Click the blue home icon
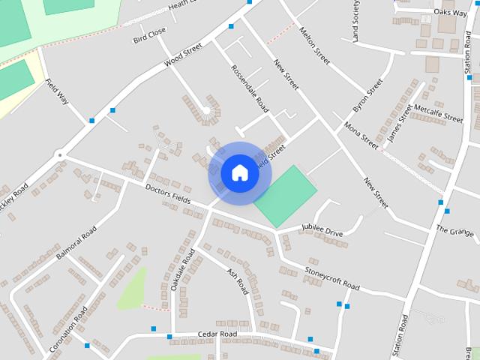pos(239,173)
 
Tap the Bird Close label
pos(149,34)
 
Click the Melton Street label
pos(314,46)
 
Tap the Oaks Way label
pos(450,13)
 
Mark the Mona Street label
pos(361,132)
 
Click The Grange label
pos(454,230)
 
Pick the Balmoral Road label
pos(76,241)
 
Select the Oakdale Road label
pos(182,270)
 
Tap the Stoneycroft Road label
pos(332,277)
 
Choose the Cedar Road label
pos(217,334)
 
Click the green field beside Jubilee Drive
pos(284,196)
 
